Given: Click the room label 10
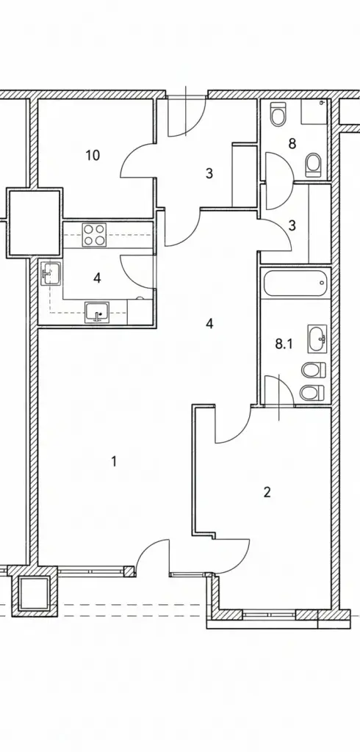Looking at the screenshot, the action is tap(93, 156).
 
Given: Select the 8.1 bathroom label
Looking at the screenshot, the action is tap(284, 344).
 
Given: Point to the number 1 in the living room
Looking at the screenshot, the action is tap(114, 461).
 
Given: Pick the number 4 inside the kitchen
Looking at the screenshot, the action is tap(98, 278).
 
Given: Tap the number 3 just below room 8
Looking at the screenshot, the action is tap(292, 225).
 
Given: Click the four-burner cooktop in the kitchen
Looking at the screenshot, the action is tap(93, 235).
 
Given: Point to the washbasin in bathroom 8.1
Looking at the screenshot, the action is tap(317, 339).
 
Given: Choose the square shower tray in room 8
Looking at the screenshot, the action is tap(314, 112).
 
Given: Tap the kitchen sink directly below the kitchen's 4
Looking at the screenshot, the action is tap(98, 313).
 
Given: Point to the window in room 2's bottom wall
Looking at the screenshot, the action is tap(269, 614).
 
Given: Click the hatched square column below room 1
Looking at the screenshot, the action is tap(34, 592).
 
